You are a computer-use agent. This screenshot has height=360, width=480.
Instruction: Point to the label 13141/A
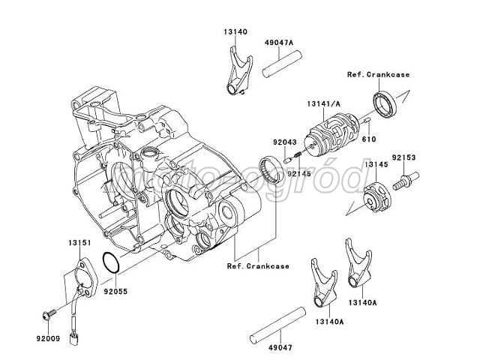pyautogui.click(x=325, y=103)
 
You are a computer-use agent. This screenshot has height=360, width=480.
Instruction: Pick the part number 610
pyautogui.click(x=367, y=139)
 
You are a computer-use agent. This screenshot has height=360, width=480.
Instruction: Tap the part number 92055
pyautogui.click(x=115, y=286)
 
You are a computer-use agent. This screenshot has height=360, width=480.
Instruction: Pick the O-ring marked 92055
pyautogui.click(x=109, y=263)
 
